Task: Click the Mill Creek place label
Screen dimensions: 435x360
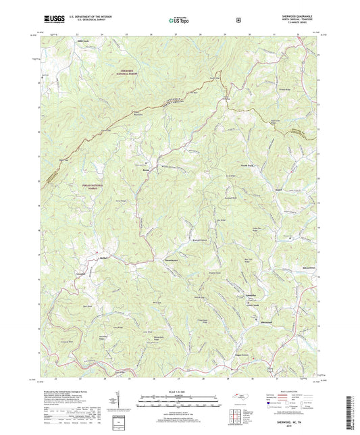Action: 82,40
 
